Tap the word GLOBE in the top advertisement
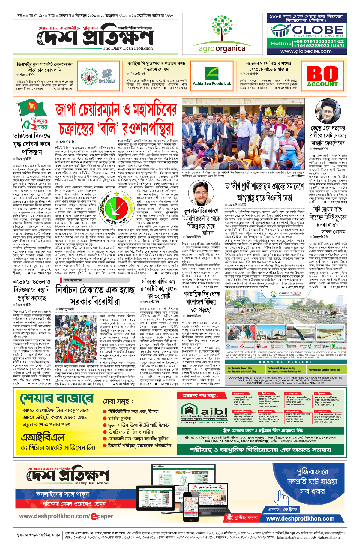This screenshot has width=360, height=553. coord(317,30)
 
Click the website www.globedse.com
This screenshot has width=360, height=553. coord(306,51)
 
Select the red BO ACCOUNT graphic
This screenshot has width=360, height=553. coord(322,77)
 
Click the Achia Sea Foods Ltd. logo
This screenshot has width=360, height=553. coord(212,76)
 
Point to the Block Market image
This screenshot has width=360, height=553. coord(107,76)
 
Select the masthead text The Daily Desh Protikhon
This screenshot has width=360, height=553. coord(127,48)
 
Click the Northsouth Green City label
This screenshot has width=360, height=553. coord(240,368)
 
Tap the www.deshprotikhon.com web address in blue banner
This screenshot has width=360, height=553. coord(300,518)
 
